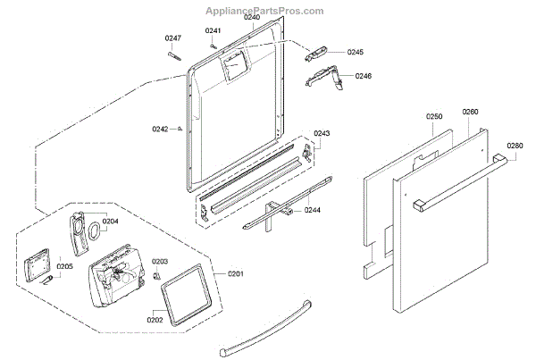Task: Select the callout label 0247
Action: (x=173, y=38)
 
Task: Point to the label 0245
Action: (x=356, y=53)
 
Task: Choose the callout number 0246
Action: (x=363, y=76)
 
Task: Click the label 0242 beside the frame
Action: (x=160, y=129)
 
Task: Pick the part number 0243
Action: (x=322, y=133)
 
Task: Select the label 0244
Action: (x=313, y=210)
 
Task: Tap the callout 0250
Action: (x=434, y=117)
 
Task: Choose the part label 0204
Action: (x=110, y=220)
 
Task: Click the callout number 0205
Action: (x=65, y=266)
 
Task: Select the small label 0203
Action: (x=160, y=261)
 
